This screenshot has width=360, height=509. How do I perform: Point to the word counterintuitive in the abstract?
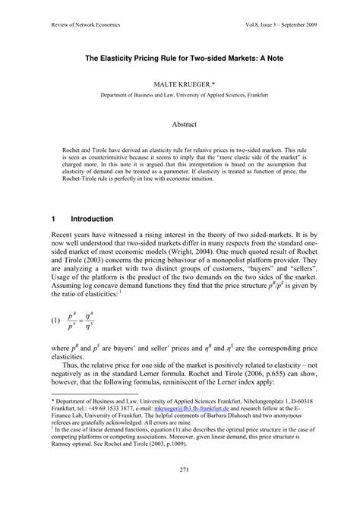(121, 163)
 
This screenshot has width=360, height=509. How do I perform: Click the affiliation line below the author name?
(180, 96)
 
